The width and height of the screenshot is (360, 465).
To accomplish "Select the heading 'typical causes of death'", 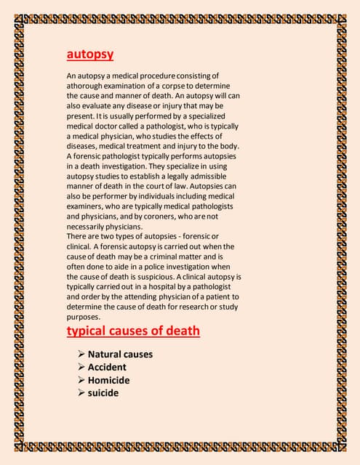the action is pos(133,331).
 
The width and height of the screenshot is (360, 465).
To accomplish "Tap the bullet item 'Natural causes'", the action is pos(120,355).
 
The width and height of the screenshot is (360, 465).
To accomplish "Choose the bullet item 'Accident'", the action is pos(108,368).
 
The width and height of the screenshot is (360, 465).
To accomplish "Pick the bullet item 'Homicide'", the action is pos(108,381).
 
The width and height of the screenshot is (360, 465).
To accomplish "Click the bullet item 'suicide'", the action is pos(103,394).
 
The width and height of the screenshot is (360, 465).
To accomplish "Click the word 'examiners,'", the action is pos(88,206).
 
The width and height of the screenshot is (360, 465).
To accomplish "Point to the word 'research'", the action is pos(187,308).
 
